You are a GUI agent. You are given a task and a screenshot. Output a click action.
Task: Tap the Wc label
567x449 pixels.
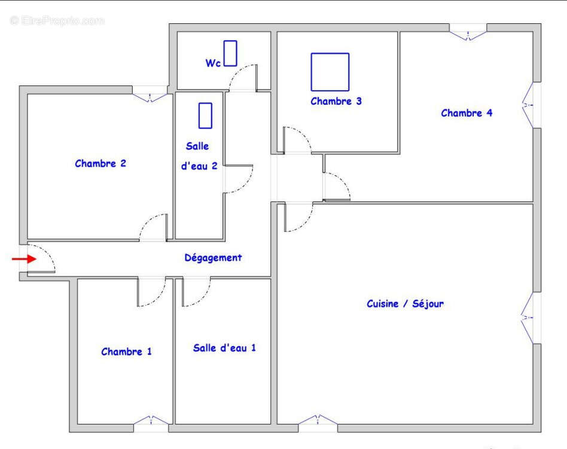[x=213, y=63]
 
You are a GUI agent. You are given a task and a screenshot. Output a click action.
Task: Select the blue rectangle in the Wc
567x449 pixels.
[x=230, y=53]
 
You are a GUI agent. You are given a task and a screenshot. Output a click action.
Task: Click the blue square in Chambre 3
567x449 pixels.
[x=330, y=72]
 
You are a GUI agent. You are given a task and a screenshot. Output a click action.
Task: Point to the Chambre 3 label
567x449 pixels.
[x=336, y=102]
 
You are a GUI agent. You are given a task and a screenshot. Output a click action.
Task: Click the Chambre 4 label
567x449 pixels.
[x=467, y=113]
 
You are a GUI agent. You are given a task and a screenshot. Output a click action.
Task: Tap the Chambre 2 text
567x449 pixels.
[x=100, y=163]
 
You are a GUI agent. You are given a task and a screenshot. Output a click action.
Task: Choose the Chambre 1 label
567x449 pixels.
[x=126, y=352]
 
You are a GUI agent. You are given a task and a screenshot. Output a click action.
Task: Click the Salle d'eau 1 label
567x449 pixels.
[x=224, y=348]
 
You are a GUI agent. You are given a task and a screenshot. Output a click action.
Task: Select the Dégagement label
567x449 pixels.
[x=213, y=258]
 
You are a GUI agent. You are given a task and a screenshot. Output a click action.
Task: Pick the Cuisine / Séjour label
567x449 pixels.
[x=405, y=304]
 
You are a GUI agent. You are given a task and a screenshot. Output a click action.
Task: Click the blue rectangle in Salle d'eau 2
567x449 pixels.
[x=206, y=115]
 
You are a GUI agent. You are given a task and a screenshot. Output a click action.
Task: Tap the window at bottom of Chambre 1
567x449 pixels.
[x=151, y=424]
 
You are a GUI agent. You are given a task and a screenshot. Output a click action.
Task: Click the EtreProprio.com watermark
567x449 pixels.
[x=57, y=21]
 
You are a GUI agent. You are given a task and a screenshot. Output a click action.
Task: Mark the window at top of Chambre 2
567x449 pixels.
[x=150, y=94]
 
